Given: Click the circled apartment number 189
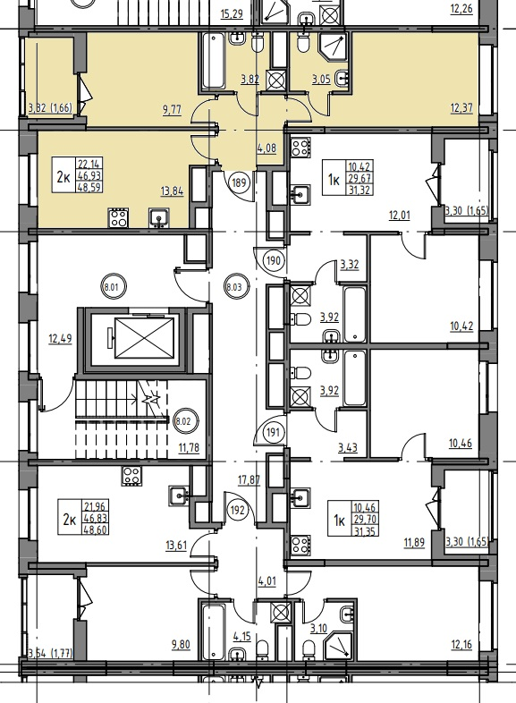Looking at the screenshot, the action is coord(239,182).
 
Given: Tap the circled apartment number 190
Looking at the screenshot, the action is coord(274,260).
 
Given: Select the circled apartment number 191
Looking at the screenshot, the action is coord(273,433).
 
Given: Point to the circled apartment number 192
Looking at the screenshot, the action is coord(239,510).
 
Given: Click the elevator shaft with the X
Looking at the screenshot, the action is coord(144,338).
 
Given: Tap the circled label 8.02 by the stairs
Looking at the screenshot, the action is coord(183,421).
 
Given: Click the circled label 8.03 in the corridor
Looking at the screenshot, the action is coord(234,287).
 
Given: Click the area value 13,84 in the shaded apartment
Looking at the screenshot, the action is coord(172,192).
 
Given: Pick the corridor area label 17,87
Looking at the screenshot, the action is coord(249,480).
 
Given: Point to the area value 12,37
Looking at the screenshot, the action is coord(461,108).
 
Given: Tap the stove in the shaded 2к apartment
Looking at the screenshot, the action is coord(118,218).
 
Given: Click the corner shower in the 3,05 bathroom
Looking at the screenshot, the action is coord(333,47).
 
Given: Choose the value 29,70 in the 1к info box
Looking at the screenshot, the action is coord(365,520).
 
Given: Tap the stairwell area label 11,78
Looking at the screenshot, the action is coord(189,447).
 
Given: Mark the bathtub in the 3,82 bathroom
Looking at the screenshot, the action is coord(214,61).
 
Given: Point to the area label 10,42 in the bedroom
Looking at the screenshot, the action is coord(461,326).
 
